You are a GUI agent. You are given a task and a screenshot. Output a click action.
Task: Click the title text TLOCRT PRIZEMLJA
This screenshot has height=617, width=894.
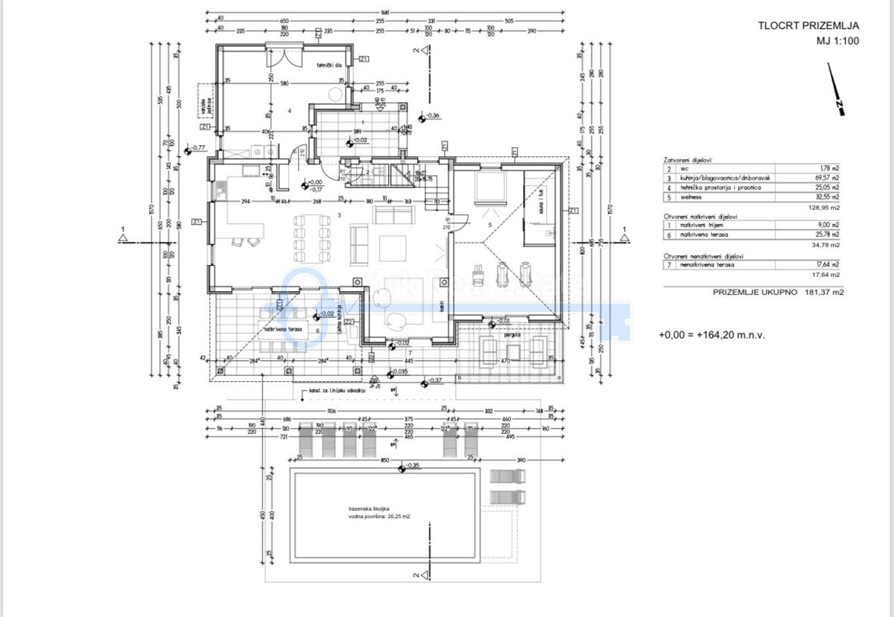[808, 25]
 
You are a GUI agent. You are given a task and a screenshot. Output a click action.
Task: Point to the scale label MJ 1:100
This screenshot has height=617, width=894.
[837, 41]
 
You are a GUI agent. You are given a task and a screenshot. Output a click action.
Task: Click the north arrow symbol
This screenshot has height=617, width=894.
[836, 90]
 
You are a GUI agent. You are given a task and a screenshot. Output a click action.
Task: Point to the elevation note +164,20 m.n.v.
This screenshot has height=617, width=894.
[711, 335]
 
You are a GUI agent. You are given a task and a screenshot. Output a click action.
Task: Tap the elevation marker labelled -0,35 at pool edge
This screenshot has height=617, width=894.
[402, 467]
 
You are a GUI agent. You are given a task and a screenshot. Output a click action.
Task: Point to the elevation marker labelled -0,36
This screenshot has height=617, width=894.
[422, 116]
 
